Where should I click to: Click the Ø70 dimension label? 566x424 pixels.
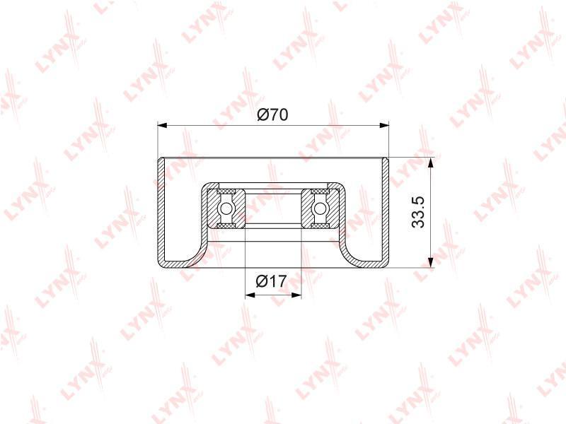tap(272, 114)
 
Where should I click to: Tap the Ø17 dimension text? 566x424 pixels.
tap(271, 281)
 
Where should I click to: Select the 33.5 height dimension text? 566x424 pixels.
tap(419, 212)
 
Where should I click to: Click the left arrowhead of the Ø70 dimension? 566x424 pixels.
tap(163, 125)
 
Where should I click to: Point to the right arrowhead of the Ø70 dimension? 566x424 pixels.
tap(384, 125)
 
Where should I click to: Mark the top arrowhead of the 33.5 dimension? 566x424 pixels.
tap(430, 163)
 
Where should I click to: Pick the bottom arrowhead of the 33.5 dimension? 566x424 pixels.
tap(430, 262)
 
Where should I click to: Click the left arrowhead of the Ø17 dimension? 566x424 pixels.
tap(250, 295)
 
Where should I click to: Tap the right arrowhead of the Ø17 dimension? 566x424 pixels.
tap(296, 295)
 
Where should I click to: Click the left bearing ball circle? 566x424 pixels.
tap(226, 208)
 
